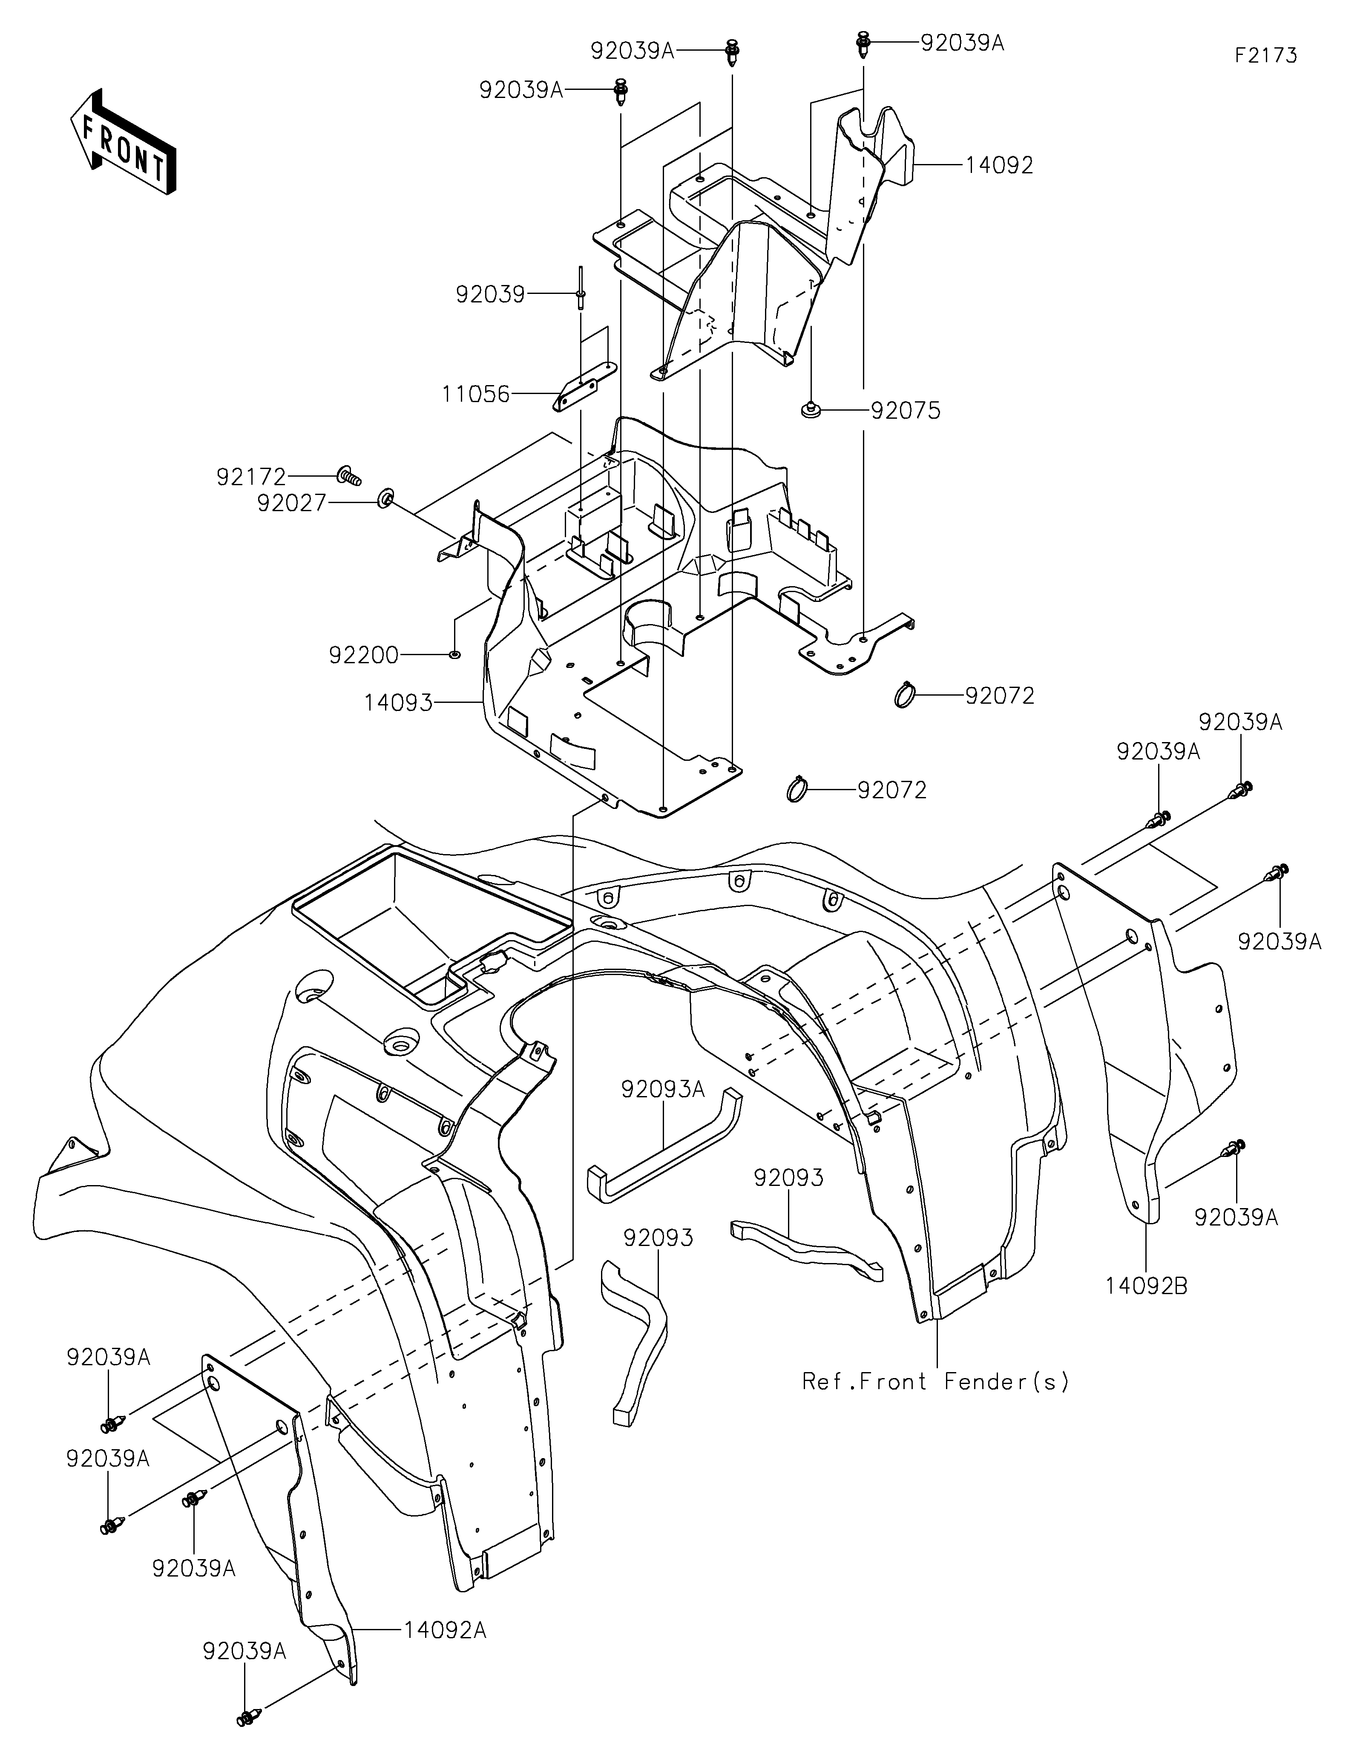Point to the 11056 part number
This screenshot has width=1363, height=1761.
click(475, 394)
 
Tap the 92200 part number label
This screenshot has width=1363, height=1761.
click(363, 656)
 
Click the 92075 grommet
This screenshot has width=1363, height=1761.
click(810, 412)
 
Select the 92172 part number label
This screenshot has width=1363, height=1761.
click(251, 478)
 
